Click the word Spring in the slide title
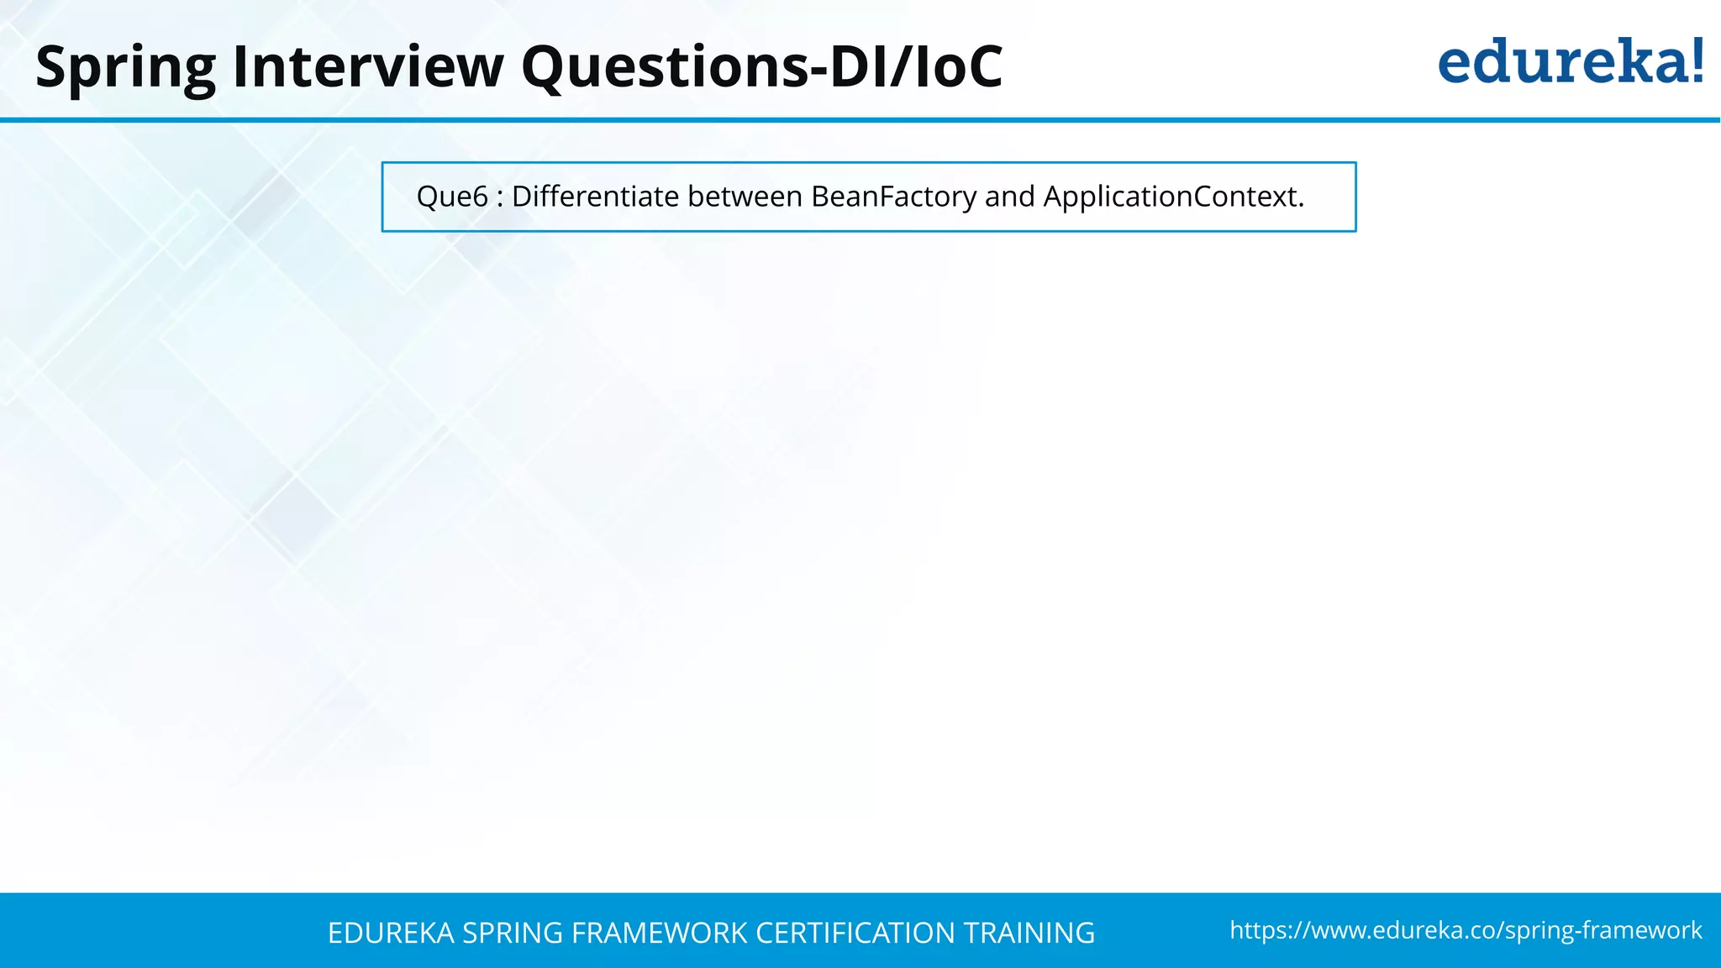(125, 67)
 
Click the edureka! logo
(1570, 62)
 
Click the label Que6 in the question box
(452, 197)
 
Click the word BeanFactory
(893, 197)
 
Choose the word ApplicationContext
(1173, 197)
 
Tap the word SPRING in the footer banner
(513, 933)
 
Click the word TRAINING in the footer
(1029, 933)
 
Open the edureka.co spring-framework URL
(1466, 930)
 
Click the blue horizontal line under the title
(860, 120)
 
